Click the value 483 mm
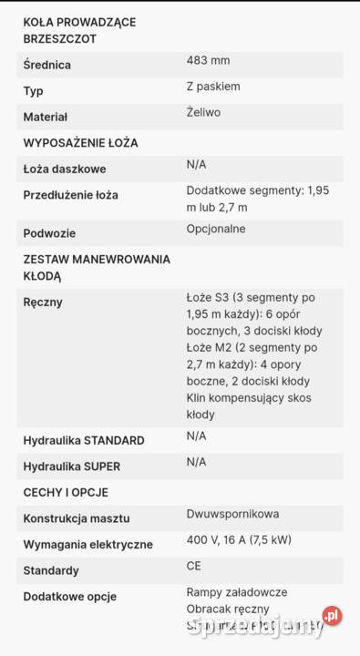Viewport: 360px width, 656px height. click(208, 61)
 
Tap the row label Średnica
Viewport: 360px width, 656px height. click(46, 66)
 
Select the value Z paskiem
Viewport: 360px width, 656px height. click(213, 87)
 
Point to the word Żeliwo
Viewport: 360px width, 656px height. click(203, 112)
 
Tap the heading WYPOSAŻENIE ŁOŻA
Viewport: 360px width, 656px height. click(80, 143)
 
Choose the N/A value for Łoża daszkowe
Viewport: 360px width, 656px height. click(196, 164)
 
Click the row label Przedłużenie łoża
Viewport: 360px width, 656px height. click(70, 195)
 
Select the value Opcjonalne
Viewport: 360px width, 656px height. click(216, 229)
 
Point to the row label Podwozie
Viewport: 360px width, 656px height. click(49, 233)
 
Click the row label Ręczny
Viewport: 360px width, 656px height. click(43, 302)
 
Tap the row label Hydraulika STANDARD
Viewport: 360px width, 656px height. click(84, 440)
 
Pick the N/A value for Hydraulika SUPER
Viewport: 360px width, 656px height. click(196, 462)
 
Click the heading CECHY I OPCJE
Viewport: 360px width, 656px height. click(66, 492)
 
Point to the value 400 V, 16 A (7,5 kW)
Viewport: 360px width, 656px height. click(239, 540)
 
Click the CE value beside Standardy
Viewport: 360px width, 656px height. click(194, 566)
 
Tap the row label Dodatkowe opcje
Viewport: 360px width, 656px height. click(67, 597)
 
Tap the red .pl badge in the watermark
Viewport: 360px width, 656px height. click(333, 617)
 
